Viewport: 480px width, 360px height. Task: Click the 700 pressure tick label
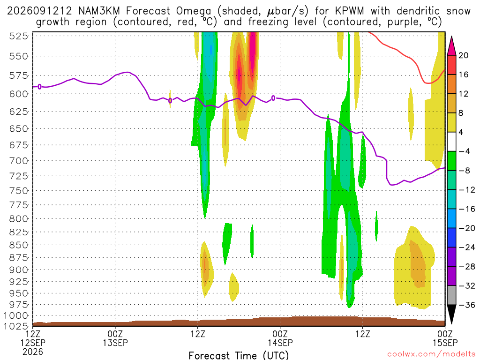tap(18, 161)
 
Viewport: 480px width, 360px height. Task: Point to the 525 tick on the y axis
tap(18, 36)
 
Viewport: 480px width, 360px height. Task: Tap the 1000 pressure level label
tap(16, 315)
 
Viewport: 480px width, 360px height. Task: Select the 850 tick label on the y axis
tap(18, 245)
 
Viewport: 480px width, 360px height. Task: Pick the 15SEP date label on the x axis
tap(445, 343)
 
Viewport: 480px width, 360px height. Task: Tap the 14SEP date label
tap(280, 343)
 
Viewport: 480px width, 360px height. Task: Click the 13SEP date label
tap(115, 343)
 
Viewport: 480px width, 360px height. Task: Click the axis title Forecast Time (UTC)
tap(239, 355)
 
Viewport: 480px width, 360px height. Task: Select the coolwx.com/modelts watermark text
tap(431, 354)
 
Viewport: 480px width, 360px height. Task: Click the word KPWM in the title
tap(350, 11)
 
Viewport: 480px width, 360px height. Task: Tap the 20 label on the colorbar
tap(463, 55)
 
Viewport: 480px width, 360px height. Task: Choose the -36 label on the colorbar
tap(466, 305)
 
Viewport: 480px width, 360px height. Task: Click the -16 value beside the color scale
tap(466, 209)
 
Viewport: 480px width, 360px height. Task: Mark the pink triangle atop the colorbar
tap(451, 45)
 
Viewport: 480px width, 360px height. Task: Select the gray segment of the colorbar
tap(451, 295)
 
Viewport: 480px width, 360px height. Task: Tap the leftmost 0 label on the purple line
tap(39, 87)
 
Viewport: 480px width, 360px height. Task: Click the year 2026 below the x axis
tap(32, 352)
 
